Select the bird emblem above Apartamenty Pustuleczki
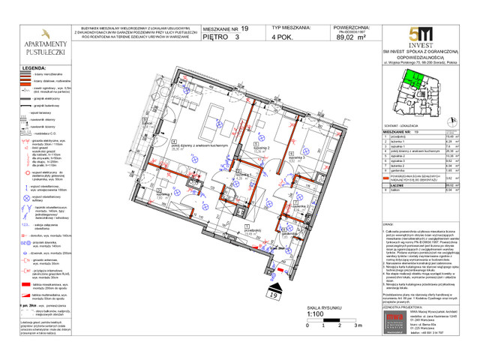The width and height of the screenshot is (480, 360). tap(45, 34)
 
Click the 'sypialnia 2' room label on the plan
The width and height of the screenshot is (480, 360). tap(262, 148)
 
